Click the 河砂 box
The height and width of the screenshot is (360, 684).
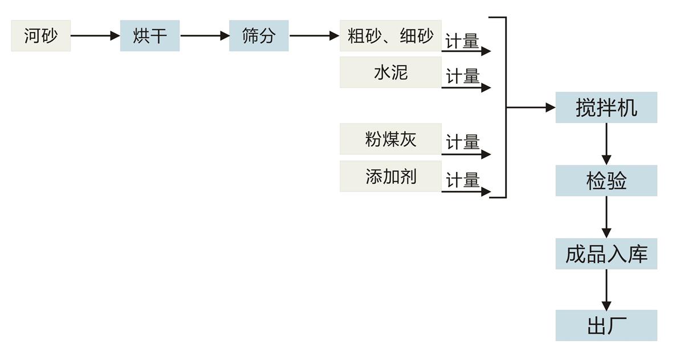tap(40, 36)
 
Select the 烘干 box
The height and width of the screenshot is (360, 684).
tap(150, 36)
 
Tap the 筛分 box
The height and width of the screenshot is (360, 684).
tap(259, 36)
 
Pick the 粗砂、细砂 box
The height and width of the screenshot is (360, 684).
tap(390, 36)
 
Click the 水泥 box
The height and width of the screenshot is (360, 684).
tap(390, 72)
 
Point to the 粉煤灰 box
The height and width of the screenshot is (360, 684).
tap(390, 139)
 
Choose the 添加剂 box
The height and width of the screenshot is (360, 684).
tap(390, 176)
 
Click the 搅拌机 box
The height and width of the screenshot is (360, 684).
tap(606, 107)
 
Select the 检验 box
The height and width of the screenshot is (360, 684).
tap(606, 181)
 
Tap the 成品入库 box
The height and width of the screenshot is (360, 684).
tap(606, 254)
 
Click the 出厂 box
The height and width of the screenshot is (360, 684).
tap(606, 326)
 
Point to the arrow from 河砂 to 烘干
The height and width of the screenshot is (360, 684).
tap(95, 36)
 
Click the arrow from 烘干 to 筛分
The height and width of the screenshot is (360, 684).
tap(205, 36)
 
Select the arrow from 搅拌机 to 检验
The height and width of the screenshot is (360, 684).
tap(606, 144)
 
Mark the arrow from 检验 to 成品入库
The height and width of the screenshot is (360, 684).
tap(606, 217)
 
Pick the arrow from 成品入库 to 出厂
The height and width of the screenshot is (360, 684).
tap(606, 290)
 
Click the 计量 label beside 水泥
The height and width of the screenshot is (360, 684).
tap(462, 76)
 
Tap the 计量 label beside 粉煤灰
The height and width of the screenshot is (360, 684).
tap(462, 142)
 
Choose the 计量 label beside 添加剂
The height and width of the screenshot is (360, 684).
tap(462, 181)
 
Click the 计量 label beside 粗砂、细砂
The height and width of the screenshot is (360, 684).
tap(462, 42)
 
